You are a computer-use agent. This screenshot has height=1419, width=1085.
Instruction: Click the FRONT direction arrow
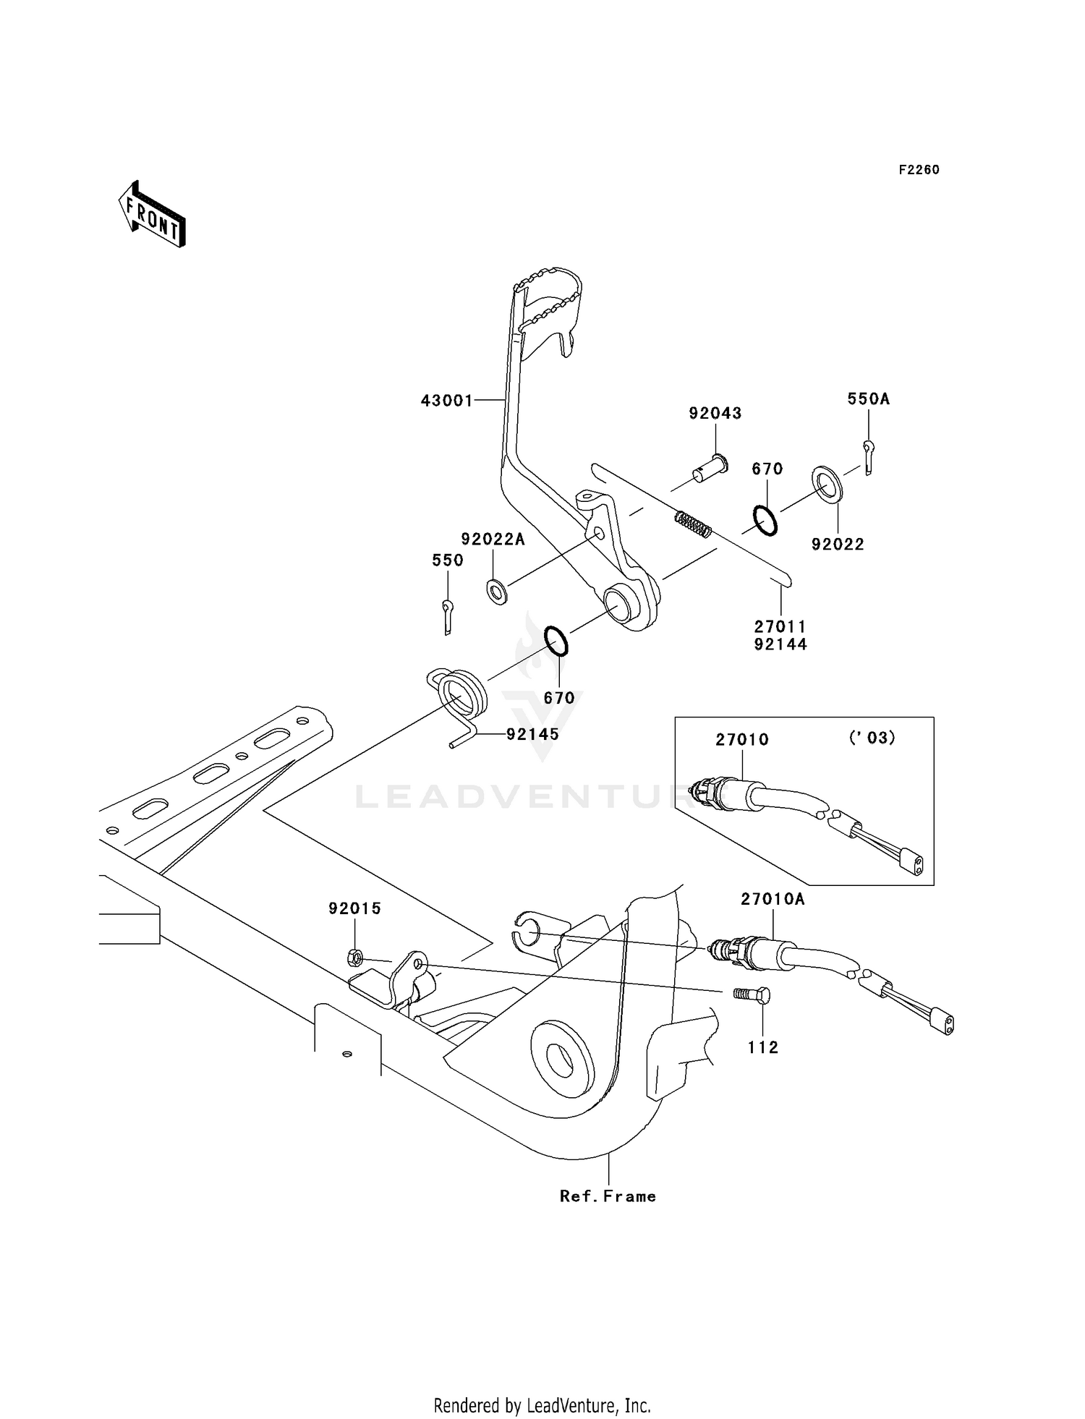point(153,214)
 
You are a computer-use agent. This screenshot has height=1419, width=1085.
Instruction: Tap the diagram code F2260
point(919,170)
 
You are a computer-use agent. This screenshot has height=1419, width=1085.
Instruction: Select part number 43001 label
point(447,401)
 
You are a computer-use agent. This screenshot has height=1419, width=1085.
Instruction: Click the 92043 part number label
point(715,414)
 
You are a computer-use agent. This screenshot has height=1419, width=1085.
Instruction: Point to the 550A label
point(868,399)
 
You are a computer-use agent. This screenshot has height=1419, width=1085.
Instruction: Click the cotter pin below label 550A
point(869,458)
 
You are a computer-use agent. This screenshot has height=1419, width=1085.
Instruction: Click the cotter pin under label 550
point(448,617)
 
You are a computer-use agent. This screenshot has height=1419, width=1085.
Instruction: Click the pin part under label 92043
point(710,468)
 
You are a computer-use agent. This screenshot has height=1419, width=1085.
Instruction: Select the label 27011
point(780,627)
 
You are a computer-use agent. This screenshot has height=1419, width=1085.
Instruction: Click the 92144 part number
point(780,644)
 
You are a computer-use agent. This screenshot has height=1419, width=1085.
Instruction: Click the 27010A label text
point(772,899)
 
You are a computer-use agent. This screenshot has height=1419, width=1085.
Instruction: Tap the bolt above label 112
point(752,995)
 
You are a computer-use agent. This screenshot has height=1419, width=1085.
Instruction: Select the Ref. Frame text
point(608,1196)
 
